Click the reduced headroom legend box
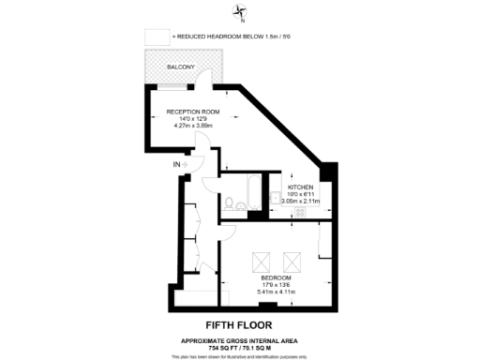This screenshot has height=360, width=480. point(153,37)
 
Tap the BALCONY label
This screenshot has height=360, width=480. point(181,67)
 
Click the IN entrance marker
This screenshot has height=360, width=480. point(177,165)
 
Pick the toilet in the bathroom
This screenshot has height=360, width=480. point(229,202)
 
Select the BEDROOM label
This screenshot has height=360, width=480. point(276,278)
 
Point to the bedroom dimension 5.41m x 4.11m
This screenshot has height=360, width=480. point(276,292)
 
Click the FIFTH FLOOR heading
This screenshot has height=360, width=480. point(240,323)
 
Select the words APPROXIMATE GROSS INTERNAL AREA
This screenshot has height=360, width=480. point(240,338)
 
